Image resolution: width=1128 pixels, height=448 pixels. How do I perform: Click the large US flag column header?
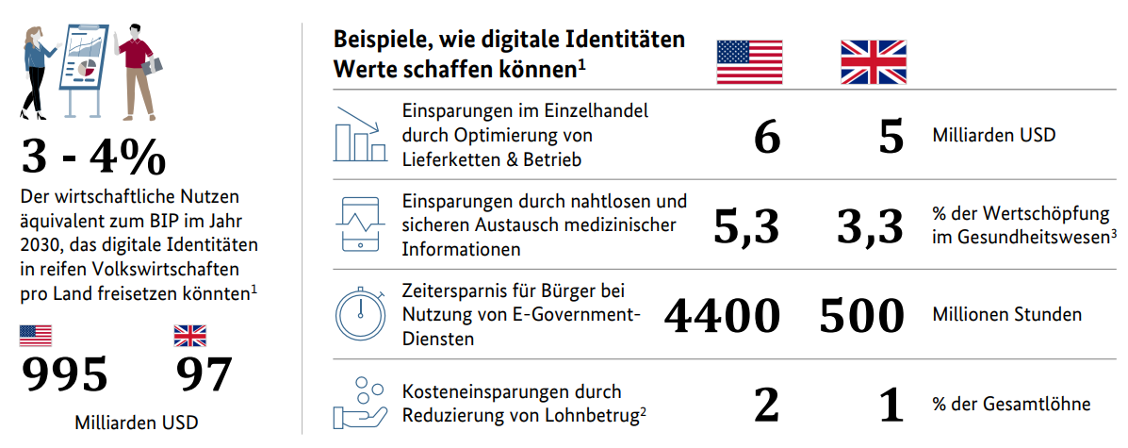tap(749, 63)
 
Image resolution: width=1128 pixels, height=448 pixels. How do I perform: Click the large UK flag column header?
tap(874, 63)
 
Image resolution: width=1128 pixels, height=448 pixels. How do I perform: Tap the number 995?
tap(65, 374)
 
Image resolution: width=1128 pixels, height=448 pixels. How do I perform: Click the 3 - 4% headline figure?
tap(92, 158)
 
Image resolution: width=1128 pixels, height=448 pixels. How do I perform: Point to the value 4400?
tap(723, 315)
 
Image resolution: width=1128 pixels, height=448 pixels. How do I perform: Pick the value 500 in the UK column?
tap(863, 315)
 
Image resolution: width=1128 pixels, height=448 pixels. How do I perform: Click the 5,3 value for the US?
tap(746, 226)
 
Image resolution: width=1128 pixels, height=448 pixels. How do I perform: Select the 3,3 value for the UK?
tap(872, 226)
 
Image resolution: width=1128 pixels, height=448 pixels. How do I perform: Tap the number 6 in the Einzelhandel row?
tap(767, 137)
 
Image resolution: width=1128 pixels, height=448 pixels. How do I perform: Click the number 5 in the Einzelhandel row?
tap(891, 137)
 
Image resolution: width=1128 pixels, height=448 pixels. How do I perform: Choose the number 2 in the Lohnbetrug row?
tap(767, 404)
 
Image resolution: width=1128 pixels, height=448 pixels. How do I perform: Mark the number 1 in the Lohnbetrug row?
tap(891, 404)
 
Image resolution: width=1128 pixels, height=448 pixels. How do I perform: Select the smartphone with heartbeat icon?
tap(358, 224)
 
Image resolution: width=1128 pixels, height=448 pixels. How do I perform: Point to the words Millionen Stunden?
tap(1006, 314)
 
